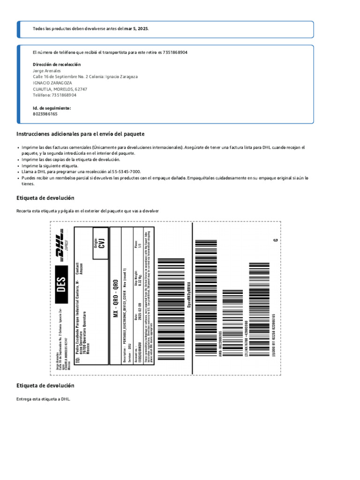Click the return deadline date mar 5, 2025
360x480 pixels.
[x=136, y=29]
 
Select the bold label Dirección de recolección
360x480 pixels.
[x=57, y=64]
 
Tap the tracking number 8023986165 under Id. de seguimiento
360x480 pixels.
[x=45, y=114]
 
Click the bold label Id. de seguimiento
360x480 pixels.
[x=52, y=108]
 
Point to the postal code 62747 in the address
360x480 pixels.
[x=81, y=89]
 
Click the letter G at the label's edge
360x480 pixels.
[x=276, y=240]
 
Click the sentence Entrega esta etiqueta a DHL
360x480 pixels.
[x=43, y=399]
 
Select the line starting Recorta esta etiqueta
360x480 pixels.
[x=88, y=211]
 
